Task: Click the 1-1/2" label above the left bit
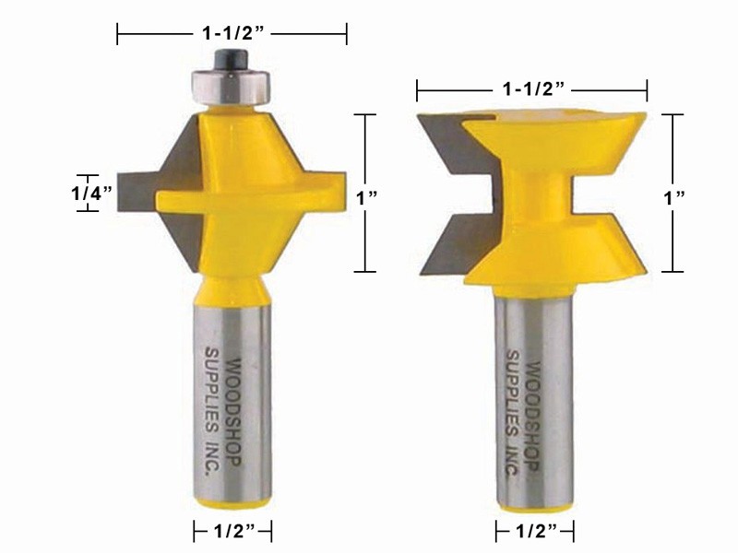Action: tap(232, 35)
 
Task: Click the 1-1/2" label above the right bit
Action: tap(532, 89)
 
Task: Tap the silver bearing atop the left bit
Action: tap(231, 85)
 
